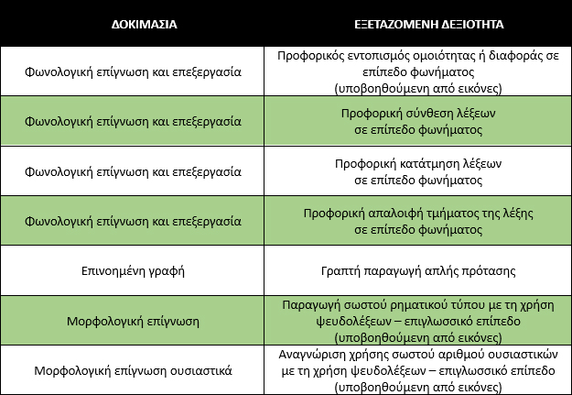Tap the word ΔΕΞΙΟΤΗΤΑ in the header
coord(467,23)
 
